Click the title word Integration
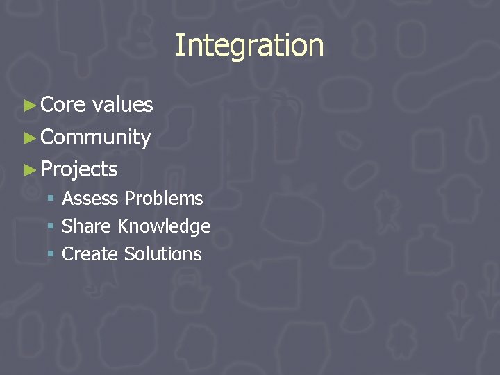point(249,46)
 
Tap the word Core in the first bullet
point(62,105)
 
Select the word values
point(122,105)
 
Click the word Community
point(96,137)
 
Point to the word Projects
point(79,169)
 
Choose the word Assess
point(91,199)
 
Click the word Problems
point(164,199)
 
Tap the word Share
point(87,226)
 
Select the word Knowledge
point(164,226)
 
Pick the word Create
point(90,254)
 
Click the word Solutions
point(162,254)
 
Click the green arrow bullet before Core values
point(29,106)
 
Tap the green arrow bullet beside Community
point(29,137)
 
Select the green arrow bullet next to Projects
point(29,169)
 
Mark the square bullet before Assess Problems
point(51,199)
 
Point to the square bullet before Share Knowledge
point(51,227)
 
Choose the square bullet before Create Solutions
point(51,255)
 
